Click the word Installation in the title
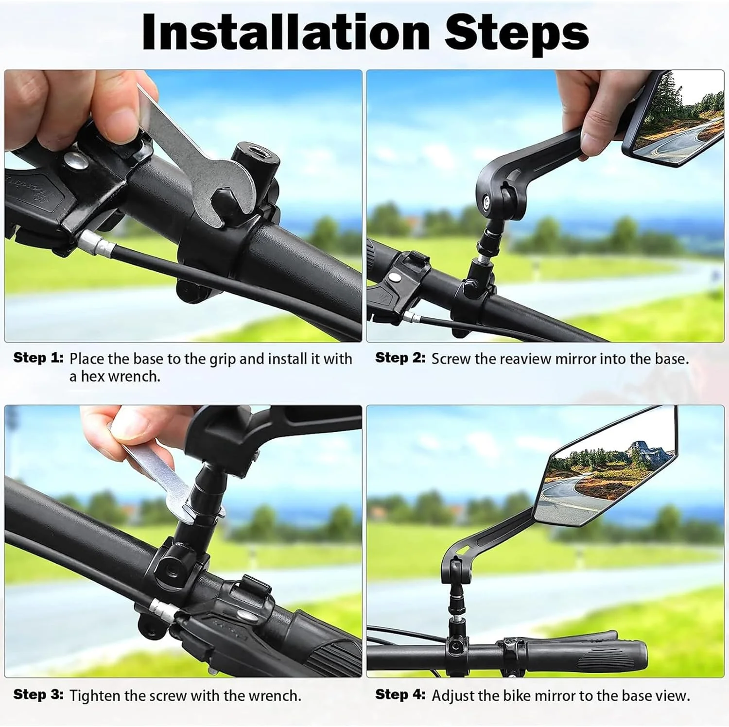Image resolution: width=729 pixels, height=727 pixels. pos(286,32)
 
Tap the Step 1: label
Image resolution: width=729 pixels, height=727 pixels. pos(38,358)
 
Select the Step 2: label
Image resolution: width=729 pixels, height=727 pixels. pos(400,358)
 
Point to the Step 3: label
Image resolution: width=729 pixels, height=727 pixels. pos(38,694)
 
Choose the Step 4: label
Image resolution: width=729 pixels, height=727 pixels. pos(400,694)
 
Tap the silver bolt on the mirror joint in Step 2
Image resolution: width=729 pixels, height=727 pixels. pos(486,199)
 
